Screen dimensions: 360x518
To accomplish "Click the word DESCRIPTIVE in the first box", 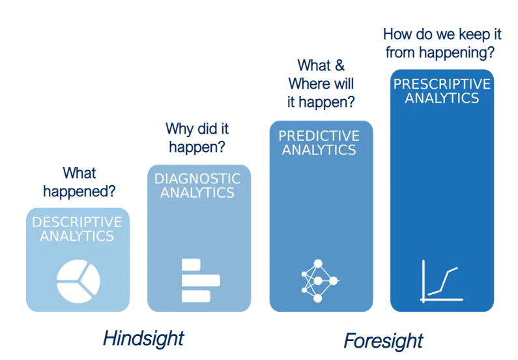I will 77,222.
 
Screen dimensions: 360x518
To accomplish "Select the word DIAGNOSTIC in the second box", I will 197,179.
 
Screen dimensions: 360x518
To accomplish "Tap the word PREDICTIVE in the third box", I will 319,136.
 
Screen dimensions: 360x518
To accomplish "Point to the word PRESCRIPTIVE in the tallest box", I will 442,84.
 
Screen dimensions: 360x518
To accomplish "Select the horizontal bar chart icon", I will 200,280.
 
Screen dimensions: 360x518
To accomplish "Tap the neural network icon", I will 319,280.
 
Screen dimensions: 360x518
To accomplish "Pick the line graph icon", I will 441,280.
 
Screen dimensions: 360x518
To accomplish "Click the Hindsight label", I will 143,338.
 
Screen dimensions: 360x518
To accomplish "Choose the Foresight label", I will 383,340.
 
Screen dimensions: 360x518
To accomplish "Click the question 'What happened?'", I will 79,182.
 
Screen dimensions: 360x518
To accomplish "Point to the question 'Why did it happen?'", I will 197,138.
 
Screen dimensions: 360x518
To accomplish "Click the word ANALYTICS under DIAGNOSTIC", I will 197,192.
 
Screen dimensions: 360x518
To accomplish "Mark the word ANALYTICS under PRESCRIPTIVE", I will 442,98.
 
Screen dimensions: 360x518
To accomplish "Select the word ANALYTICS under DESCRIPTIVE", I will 77,236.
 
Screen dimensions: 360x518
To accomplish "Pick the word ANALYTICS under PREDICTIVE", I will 319,149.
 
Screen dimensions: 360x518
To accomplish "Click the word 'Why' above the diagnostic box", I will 179,128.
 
